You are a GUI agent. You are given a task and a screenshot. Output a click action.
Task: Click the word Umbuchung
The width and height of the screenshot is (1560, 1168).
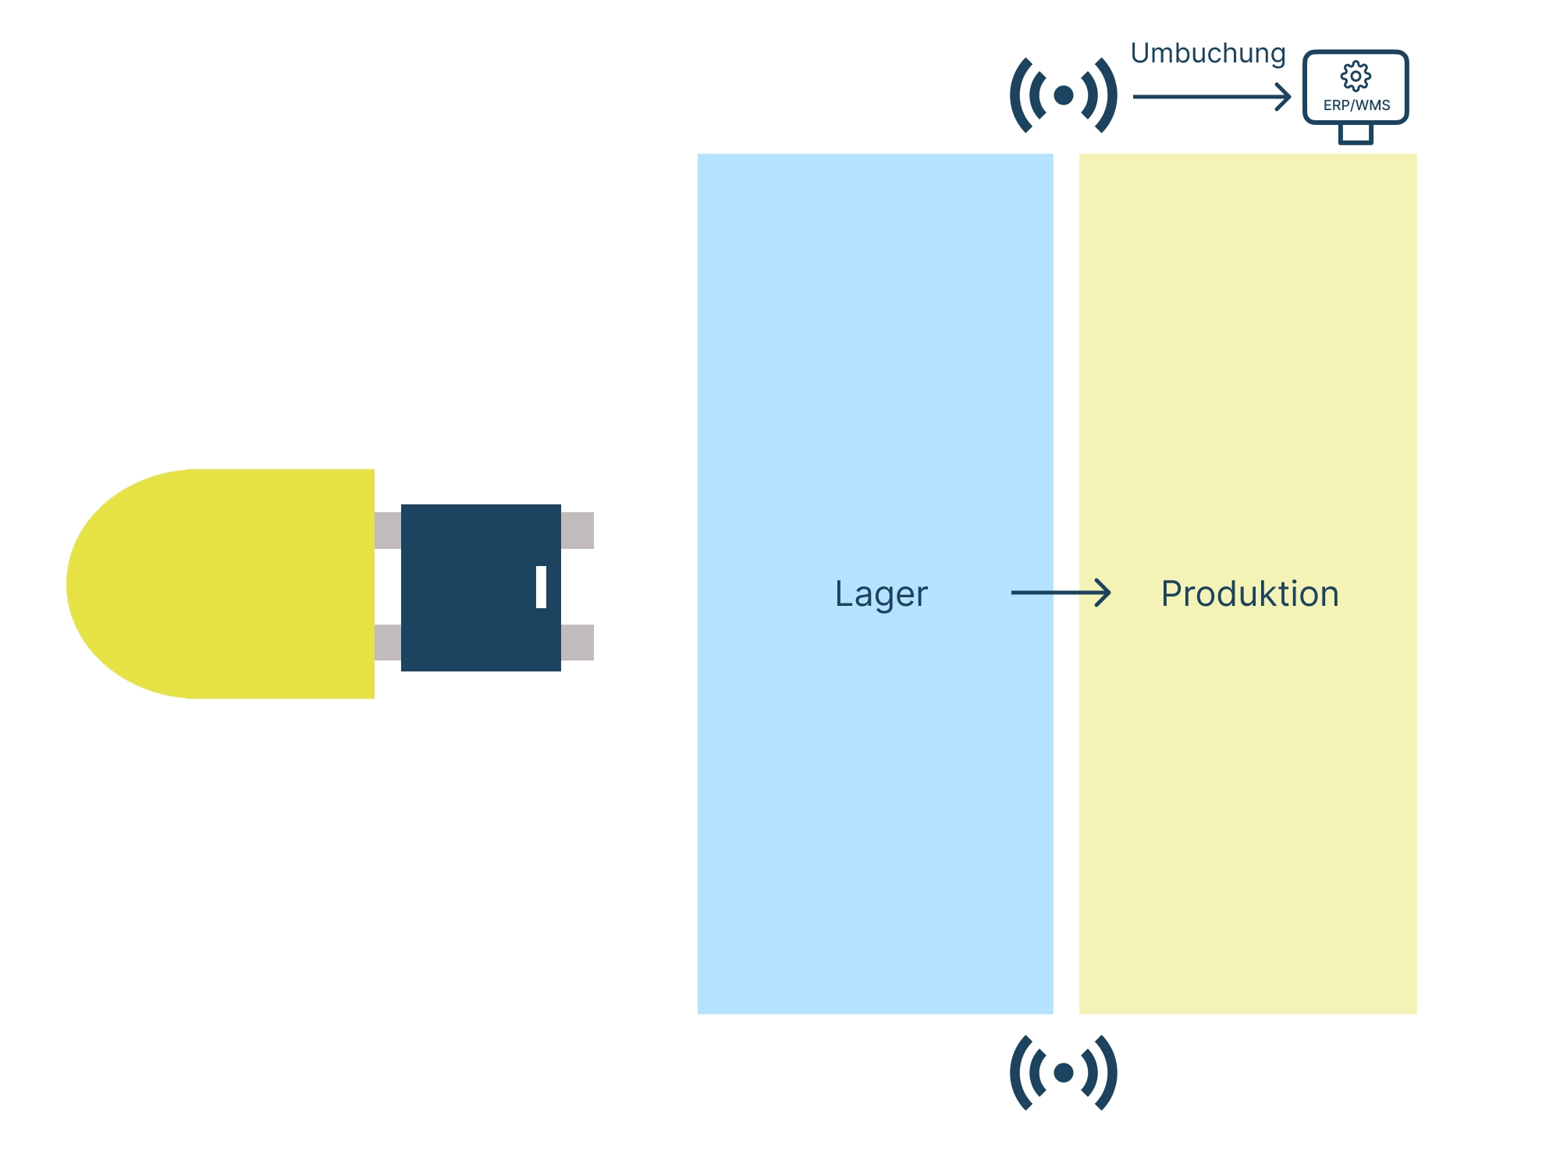[x=1207, y=54]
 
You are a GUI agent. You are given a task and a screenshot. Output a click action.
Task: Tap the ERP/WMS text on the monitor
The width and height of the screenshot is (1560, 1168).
[x=1356, y=105]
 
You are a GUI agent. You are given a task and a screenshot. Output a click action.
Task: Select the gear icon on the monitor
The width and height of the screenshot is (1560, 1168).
[x=1356, y=76]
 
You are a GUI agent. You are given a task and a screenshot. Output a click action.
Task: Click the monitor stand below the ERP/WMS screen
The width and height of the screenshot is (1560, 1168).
[x=1356, y=134]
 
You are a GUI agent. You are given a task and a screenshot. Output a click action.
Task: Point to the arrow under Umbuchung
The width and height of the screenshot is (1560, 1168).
[x=1210, y=97]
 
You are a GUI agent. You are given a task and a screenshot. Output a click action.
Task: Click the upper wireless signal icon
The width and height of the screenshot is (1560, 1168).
[x=1063, y=95]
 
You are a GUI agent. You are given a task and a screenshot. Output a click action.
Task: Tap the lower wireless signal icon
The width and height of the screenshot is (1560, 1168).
[x=1063, y=1073]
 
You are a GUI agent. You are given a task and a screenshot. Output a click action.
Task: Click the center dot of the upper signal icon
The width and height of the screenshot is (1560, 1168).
[x=1063, y=95]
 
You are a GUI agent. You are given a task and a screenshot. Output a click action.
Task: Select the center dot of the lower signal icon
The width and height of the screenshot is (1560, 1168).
[x=1063, y=1073]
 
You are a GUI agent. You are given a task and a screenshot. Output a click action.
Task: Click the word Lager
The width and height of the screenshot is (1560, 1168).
[x=881, y=594]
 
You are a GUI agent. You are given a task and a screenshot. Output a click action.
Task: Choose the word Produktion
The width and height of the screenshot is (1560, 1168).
[x=1249, y=594]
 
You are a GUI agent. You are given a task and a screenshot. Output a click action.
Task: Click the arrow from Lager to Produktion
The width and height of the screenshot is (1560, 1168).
[x=1061, y=593]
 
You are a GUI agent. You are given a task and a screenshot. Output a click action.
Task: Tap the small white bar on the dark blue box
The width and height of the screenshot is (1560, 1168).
[x=541, y=587]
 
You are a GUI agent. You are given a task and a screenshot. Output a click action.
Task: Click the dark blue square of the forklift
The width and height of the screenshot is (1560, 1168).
[x=468, y=587]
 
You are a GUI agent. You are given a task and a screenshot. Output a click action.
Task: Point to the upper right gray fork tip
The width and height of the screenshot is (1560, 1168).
[x=577, y=530]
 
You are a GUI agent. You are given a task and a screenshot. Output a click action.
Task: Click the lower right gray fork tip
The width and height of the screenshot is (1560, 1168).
[x=577, y=643]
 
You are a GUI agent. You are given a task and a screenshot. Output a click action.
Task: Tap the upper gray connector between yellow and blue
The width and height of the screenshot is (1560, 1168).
[x=388, y=530]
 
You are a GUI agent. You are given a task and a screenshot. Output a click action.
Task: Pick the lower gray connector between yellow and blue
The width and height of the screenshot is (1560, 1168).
[x=388, y=643]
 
